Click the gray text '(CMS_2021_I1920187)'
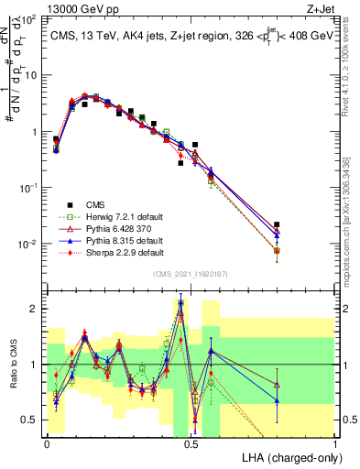click(x=191, y=274)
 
